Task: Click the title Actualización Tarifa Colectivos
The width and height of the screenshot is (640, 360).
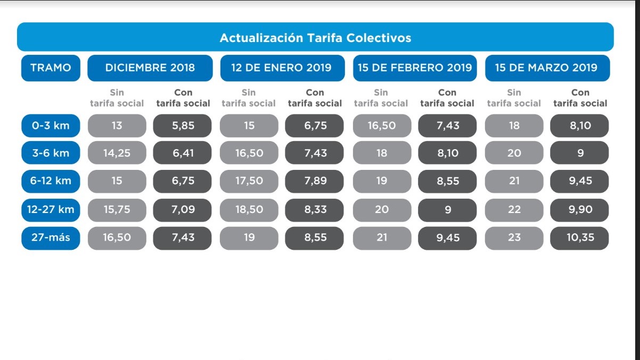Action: [315, 38]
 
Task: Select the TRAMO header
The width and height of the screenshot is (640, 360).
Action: [51, 68]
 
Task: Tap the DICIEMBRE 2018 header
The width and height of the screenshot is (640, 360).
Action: [150, 68]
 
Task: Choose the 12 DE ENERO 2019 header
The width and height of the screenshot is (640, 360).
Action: [282, 68]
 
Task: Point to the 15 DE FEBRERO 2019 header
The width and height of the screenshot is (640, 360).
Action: [415, 68]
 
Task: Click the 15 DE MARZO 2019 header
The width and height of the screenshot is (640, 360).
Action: [547, 68]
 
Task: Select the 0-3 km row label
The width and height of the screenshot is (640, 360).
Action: [51, 126]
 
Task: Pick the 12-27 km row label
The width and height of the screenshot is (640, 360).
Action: [51, 210]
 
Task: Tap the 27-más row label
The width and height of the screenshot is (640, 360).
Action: [51, 238]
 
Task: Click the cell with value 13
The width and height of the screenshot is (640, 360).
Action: [117, 126]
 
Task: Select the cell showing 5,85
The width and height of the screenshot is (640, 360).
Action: [182, 126]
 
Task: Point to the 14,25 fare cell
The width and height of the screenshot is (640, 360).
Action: [117, 153]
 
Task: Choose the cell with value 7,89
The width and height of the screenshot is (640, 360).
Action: [314, 181]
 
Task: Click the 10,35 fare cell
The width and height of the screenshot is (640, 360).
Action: [579, 238]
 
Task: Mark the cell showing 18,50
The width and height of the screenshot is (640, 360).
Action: [249, 210]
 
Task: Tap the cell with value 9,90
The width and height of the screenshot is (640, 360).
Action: [579, 210]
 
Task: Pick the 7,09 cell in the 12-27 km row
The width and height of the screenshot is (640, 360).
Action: [182, 210]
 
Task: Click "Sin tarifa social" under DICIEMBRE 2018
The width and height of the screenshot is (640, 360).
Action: [117, 97]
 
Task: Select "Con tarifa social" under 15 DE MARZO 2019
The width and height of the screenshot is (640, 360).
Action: [580, 97]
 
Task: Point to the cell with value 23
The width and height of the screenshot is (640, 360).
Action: [514, 238]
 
